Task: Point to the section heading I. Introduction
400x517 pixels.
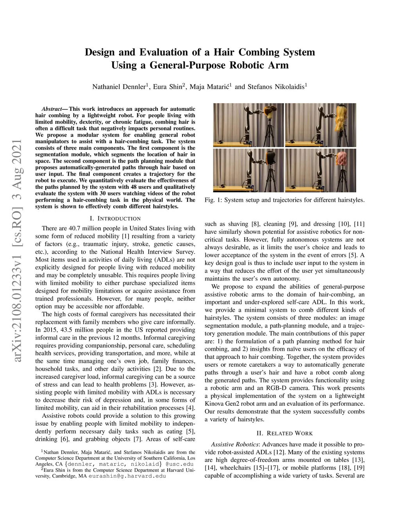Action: point(115,219)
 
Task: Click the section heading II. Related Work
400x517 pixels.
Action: point(285,433)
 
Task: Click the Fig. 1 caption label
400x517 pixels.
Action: point(213,200)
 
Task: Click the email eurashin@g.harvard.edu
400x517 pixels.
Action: point(127,476)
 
